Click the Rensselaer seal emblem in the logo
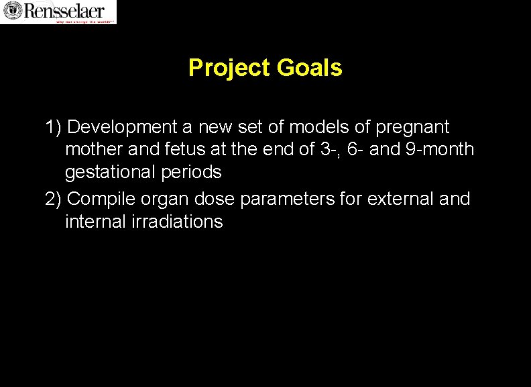point(12,10)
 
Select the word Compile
point(101,200)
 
